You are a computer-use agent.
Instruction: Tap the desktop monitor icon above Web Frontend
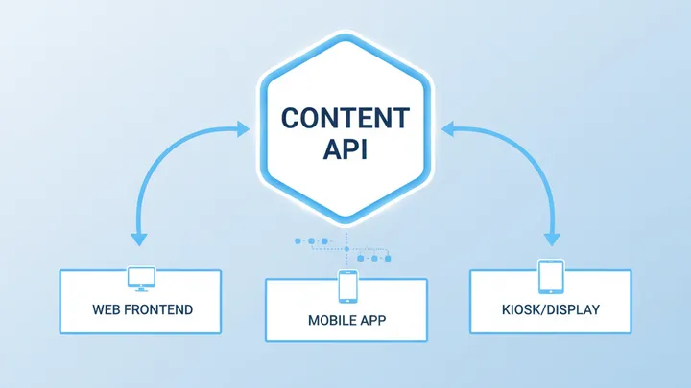coord(141,278)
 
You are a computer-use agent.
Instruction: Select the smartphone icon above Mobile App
coord(347,286)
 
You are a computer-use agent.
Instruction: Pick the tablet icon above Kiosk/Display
coord(551,276)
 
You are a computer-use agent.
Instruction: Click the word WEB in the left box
coord(108,310)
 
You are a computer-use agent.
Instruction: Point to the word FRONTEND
coord(158,310)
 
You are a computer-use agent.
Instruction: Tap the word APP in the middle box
coord(373,320)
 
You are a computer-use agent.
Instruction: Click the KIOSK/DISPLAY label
coord(551,310)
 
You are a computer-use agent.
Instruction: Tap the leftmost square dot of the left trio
coord(299,240)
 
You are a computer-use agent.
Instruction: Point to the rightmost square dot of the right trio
coord(387,257)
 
